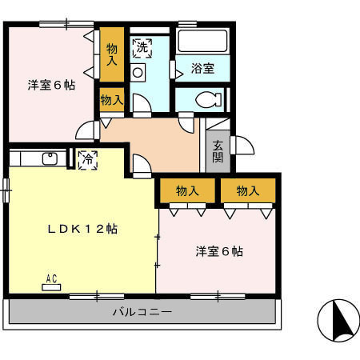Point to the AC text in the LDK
[51, 279]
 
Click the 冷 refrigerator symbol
[87, 158]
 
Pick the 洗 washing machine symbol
[141, 48]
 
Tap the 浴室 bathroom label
[203, 69]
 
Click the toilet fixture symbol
[205, 99]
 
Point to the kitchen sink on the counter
[50, 158]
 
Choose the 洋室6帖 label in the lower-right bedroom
[219, 252]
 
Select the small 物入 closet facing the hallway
[112, 100]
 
